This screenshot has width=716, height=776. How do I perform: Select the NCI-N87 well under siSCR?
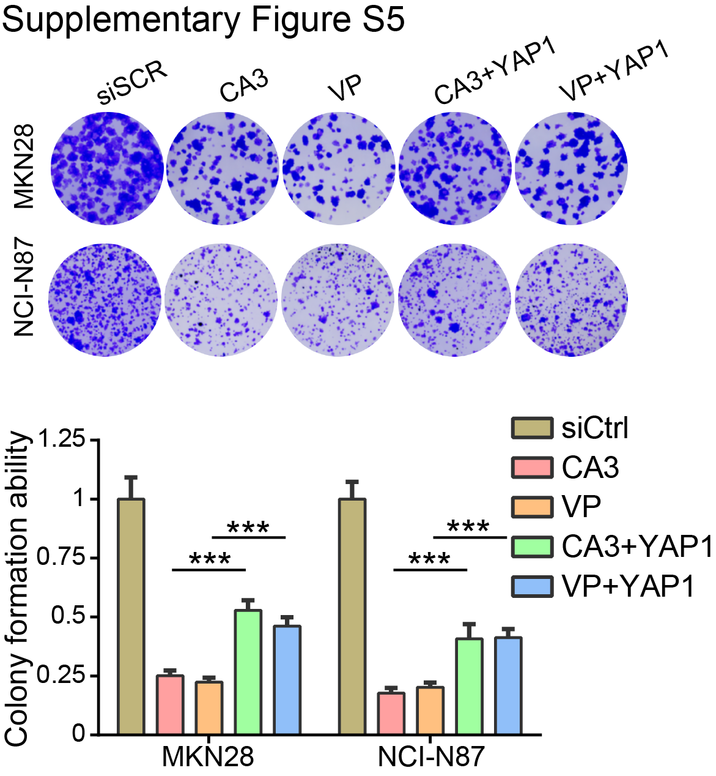click(105, 299)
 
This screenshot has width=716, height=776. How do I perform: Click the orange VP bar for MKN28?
click(209, 708)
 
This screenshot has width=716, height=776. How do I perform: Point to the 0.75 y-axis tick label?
click(61, 558)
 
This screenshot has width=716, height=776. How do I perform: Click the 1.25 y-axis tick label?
click(61, 439)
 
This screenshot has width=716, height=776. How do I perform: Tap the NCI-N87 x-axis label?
click(430, 757)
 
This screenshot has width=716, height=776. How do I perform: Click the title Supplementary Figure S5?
click(203, 20)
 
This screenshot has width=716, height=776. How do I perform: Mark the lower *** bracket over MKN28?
click(209, 569)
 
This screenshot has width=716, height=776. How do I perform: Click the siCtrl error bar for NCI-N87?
click(352, 490)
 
